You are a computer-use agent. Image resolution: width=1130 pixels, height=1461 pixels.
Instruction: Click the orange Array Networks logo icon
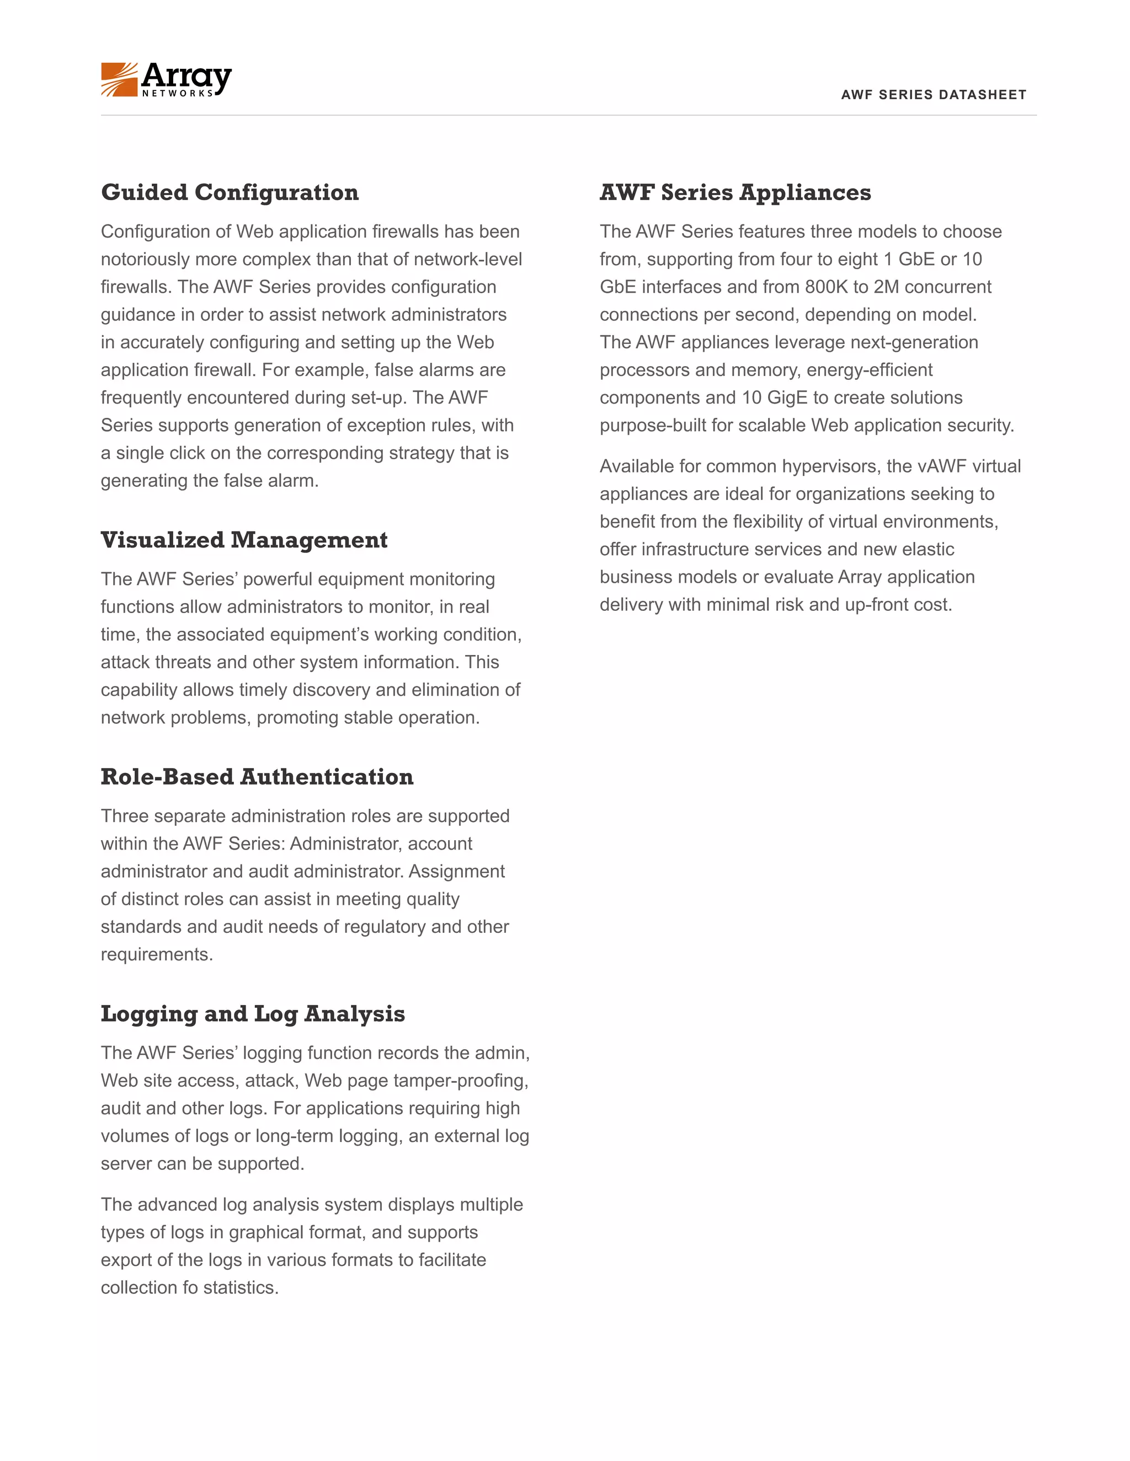(x=119, y=79)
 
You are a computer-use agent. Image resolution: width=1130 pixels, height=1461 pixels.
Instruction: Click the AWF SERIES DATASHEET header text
(x=933, y=94)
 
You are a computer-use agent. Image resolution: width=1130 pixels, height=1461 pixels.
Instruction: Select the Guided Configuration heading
(x=230, y=192)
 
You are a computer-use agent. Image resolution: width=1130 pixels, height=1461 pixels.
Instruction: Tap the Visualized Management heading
(x=244, y=540)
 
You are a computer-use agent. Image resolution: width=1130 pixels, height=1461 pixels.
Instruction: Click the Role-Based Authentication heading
(x=257, y=777)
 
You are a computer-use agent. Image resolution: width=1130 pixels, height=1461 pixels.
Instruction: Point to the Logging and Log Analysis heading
(x=252, y=1013)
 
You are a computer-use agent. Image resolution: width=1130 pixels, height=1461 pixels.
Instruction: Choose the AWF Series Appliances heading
(x=735, y=192)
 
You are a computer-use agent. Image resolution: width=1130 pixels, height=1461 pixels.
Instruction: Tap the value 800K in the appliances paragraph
(x=826, y=287)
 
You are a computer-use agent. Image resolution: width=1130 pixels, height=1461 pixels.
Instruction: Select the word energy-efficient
(x=870, y=370)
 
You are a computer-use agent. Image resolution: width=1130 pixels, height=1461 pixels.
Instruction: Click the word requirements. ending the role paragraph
(x=157, y=954)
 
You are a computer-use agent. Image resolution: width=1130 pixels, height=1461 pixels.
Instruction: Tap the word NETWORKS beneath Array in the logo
(x=178, y=94)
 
